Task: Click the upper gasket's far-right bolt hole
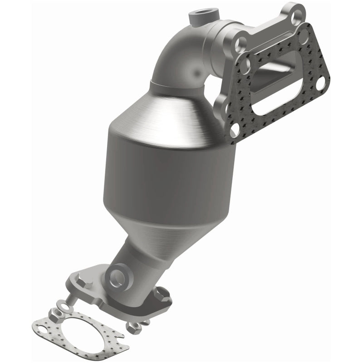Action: [x=321, y=84]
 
